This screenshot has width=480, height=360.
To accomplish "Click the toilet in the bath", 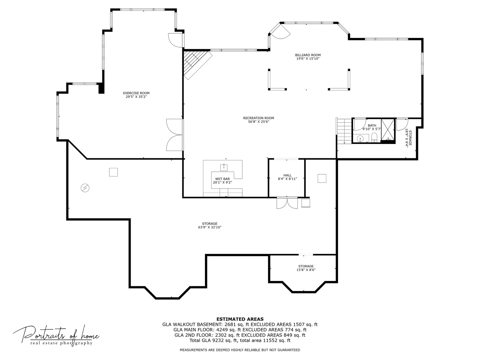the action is [374, 138].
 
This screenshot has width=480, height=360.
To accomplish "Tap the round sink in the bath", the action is [360, 139].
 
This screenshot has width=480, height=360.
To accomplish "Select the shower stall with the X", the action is [387, 130].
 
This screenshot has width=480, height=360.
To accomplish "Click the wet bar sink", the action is [224, 167].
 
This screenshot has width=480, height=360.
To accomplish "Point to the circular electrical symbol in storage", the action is [85, 188].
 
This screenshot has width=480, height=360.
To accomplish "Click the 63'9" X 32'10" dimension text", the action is [209, 227].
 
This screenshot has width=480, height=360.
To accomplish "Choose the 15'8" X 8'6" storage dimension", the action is [306, 270].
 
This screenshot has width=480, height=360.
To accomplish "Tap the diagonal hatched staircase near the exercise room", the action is [197, 65].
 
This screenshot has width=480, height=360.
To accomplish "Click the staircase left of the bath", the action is [344, 131].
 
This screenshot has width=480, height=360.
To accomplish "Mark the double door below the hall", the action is [287, 203].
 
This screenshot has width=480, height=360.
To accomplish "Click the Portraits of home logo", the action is [56, 335].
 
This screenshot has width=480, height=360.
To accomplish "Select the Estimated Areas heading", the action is [240, 319].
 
